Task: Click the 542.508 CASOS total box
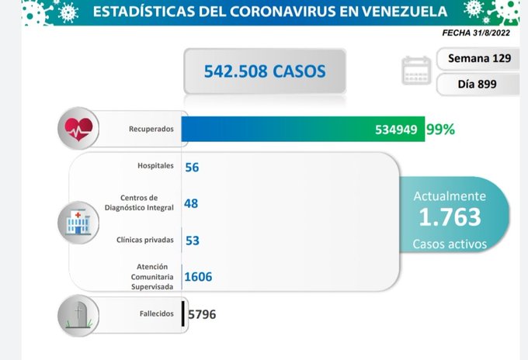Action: (264, 72)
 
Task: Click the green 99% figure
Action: (439, 129)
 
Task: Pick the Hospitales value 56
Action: (193, 167)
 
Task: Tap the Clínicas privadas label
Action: (146, 240)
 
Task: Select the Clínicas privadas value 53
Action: (193, 240)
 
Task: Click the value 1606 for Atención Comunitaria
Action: (199, 276)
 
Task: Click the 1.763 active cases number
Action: (450, 217)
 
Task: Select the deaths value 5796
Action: (202, 314)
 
